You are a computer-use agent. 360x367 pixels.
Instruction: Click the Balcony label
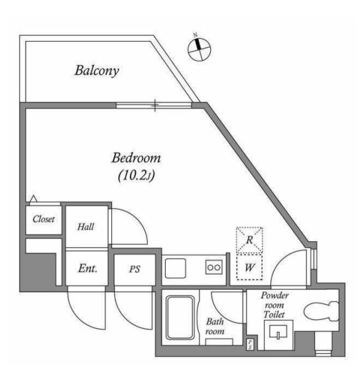97,70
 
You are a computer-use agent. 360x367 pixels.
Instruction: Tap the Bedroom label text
136,158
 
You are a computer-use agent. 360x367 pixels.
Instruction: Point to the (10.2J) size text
136,176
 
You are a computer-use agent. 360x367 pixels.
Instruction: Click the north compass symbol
200,48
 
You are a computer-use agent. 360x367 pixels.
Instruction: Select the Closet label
44,219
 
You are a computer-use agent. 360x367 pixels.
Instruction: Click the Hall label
86,227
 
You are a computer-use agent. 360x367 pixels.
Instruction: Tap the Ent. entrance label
88,268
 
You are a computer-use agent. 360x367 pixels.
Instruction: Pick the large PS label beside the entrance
135,269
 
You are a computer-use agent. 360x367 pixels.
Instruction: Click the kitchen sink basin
176,268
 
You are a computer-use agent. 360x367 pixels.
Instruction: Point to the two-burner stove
214,267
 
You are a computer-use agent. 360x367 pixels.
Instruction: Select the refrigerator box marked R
249,240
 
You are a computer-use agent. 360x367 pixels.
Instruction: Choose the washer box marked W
249,267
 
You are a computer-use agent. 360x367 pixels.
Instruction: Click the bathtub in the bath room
180,317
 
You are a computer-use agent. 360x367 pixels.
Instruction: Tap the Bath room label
215,327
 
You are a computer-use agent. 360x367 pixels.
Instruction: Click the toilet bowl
322,311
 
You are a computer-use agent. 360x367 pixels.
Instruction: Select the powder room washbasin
278,331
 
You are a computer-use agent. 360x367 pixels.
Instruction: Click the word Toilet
274,315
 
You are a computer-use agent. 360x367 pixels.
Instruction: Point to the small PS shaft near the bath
250,344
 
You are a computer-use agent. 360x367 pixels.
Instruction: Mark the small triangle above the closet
34,199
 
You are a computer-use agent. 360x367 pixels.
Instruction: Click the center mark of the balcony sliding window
155,105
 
